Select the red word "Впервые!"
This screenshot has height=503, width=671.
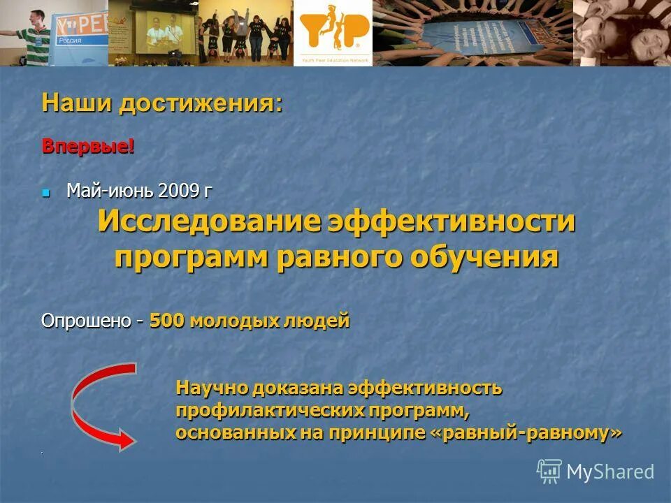[x=88, y=147]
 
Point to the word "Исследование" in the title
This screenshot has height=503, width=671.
[x=208, y=223]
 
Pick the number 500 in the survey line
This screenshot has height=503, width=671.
[x=166, y=321]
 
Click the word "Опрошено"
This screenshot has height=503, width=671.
[x=86, y=321]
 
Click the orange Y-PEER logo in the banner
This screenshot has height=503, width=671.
[x=333, y=31]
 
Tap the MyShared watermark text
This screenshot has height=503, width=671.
[x=610, y=472]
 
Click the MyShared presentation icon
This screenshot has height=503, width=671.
[x=549, y=472]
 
